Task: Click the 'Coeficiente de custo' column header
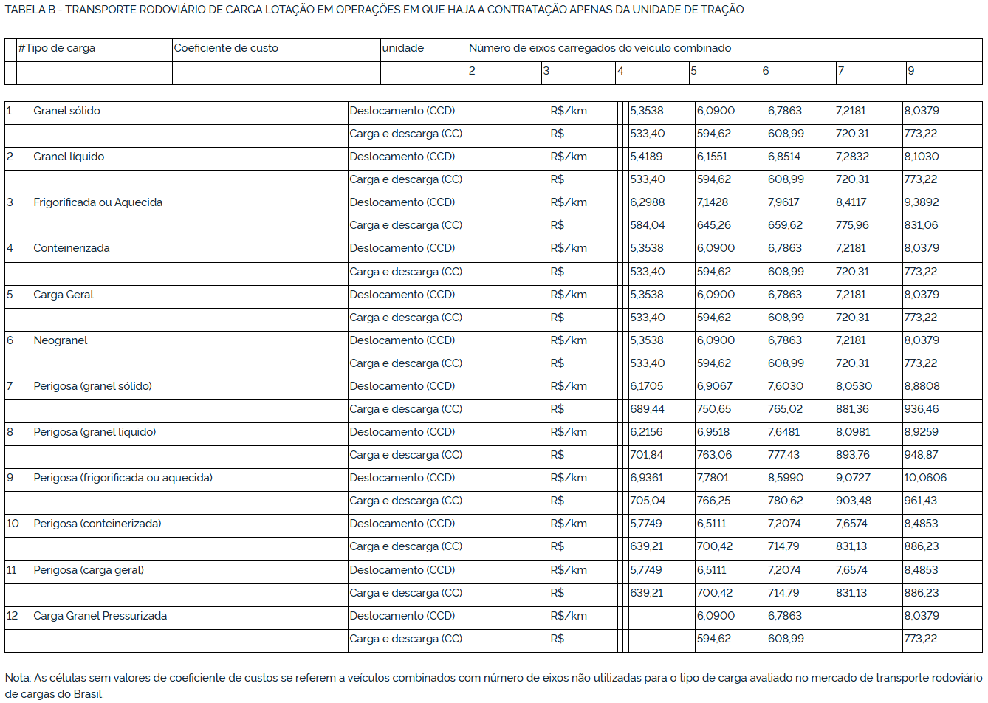pos(226,48)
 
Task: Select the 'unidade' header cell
pos(402,48)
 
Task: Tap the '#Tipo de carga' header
pos(56,48)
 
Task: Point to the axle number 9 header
pos(910,71)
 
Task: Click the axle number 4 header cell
pos(620,71)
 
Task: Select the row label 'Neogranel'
pos(61,340)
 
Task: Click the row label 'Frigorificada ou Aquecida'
pos(98,202)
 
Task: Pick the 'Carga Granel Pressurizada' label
pos(100,616)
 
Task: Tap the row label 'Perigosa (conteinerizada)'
pos(97,524)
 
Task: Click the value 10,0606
pos(925,478)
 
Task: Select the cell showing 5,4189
pos(646,157)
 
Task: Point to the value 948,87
pos(921,455)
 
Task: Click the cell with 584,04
pos(647,225)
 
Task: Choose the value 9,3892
pos(922,202)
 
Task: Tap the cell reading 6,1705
pos(647,386)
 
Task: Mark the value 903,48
pos(853,501)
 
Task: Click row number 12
pos(12,616)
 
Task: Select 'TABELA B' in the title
pos(30,10)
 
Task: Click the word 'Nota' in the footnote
pos(18,678)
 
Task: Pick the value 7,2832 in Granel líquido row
pos(852,157)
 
